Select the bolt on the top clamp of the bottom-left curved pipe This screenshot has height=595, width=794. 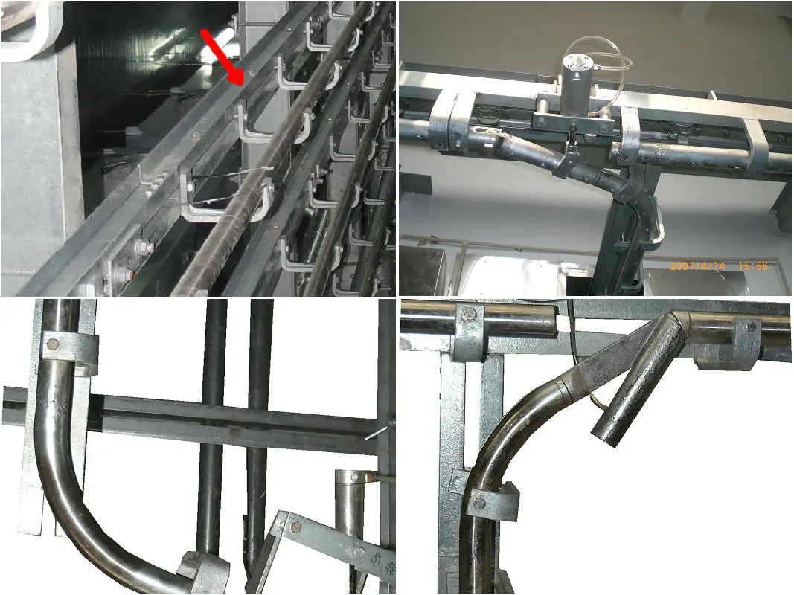point(52,344)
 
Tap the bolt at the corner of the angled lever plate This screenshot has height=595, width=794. point(296,527)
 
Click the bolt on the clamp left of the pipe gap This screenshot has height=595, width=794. point(470,315)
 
